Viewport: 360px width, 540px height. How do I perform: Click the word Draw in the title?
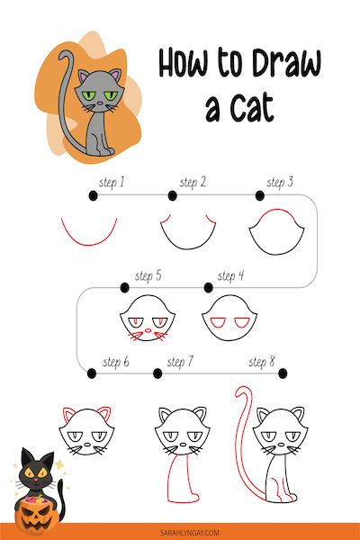coord(286,63)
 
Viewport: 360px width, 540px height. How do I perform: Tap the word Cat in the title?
coord(252,107)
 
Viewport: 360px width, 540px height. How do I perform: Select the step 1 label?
coord(112,183)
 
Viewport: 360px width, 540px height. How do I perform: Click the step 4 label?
coord(230,276)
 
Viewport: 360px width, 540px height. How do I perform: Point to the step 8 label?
coord(262,362)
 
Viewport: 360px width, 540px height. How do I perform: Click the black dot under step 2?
coord(172,196)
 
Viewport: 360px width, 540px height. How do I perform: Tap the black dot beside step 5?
coord(125,287)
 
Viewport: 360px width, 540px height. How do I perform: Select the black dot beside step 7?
coord(157,373)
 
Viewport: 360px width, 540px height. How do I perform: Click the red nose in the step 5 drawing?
coord(148,330)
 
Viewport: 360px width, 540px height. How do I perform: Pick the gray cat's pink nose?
coord(100,103)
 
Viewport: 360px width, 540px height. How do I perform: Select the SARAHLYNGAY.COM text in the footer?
coord(190,533)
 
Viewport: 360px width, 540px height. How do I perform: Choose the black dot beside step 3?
coord(260,196)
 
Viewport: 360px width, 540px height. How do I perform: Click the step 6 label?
coord(116,362)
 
